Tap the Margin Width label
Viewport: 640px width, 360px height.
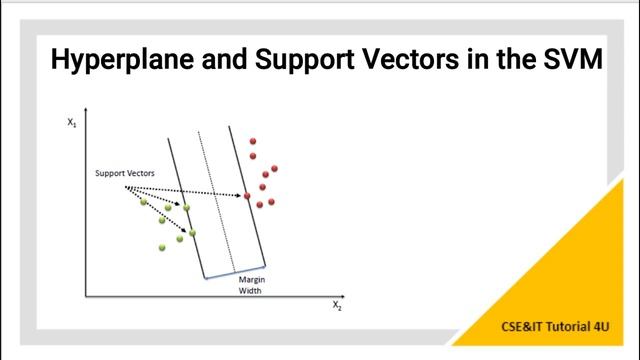pyautogui.click(x=249, y=285)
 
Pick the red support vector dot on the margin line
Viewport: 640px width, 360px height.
pyautogui.click(x=247, y=196)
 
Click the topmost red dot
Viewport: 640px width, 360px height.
pyautogui.click(x=253, y=141)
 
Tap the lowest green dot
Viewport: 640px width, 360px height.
pyautogui.click(x=162, y=247)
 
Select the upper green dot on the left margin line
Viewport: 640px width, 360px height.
pyautogui.click(x=186, y=206)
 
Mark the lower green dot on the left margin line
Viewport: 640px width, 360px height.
pyautogui.click(x=192, y=232)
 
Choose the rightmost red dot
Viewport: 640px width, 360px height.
pyautogui.click(x=274, y=169)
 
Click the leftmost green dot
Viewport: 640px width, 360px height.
pyautogui.click(x=144, y=202)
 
